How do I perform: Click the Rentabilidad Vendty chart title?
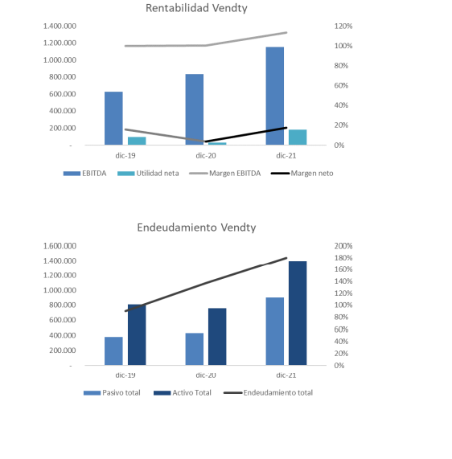pos(196,8)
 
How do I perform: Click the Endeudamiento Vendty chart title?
pos(196,227)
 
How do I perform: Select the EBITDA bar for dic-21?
pos(275,96)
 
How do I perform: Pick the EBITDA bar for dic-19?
pos(113,118)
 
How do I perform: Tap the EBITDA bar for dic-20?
pos(194,109)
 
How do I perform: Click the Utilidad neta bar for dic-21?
pos(298,137)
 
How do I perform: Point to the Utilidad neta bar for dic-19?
pos(137,141)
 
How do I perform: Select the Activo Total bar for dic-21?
pos(298,314)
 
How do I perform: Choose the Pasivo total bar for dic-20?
pos(194,349)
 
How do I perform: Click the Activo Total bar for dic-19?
pos(137,335)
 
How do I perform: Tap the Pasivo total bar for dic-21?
pos(275,331)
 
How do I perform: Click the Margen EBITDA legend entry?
pos(225,174)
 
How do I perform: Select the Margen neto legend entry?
pos(302,174)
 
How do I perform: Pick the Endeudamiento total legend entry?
pos(268,392)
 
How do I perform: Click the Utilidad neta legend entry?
pos(148,174)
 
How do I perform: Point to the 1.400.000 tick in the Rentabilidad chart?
pos(60,26)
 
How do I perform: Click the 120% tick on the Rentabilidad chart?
pos(343,26)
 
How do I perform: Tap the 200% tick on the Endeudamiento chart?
pos(343,246)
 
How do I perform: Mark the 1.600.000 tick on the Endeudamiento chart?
pos(60,246)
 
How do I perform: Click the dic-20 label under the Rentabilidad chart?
pos(206,155)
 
